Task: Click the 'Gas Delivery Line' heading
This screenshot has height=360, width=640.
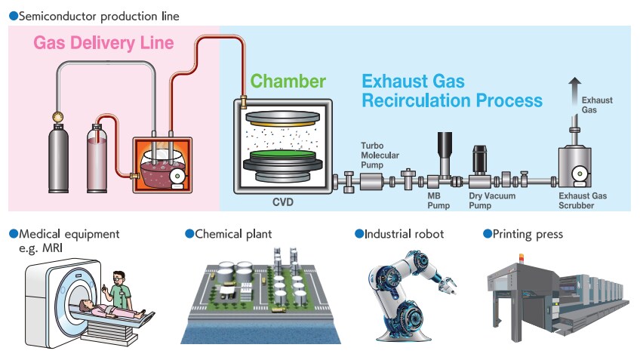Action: [x=103, y=42]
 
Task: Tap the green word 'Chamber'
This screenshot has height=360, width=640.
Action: [x=288, y=81]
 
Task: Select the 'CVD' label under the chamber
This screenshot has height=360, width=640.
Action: [x=282, y=202]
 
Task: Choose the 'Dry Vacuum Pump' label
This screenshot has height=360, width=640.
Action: [x=492, y=200]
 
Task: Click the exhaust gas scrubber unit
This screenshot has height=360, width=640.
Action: [x=576, y=165]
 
